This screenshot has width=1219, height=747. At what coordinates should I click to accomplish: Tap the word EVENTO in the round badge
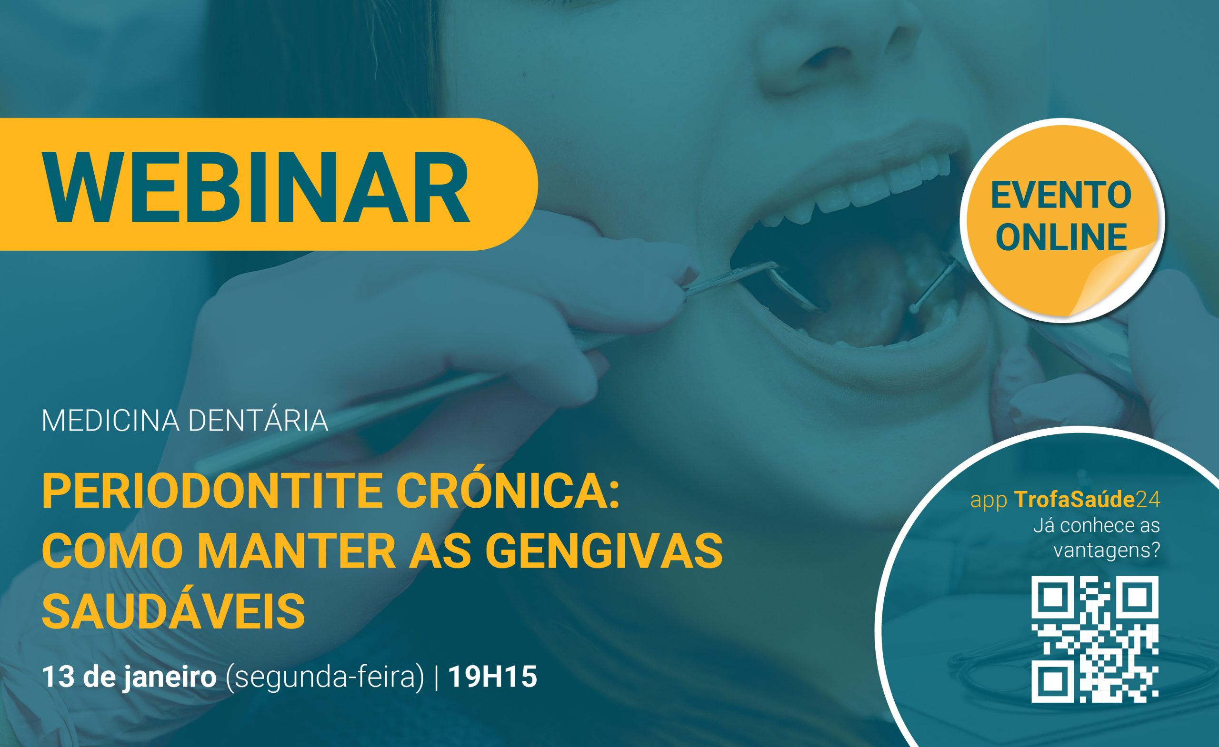point(1061,196)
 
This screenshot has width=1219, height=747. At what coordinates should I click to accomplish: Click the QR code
point(1095,639)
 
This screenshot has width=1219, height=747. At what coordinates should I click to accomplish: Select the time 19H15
point(493,677)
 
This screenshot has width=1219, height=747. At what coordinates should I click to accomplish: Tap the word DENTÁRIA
point(258,421)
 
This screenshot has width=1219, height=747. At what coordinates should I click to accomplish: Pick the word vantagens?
point(1106,550)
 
